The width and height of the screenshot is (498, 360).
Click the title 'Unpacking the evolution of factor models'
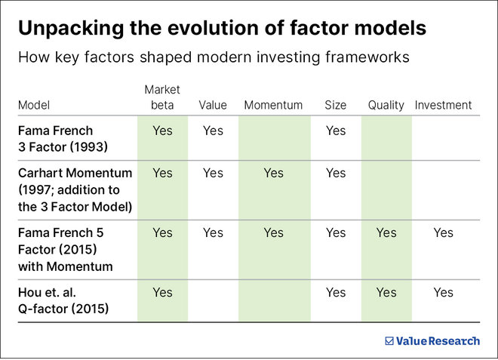(222, 28)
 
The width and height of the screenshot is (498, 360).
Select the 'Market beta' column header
(162, 97)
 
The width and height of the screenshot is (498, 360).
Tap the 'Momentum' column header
(273, 106)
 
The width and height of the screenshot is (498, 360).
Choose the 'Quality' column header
(386, 106)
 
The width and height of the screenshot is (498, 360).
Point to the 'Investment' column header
(443, 106)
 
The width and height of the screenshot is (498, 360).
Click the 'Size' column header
(335, 106)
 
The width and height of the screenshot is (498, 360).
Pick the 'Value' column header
(213, 106)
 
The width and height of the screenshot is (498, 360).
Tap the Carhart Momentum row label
(75, 189)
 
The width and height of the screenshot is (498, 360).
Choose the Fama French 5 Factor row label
(66, 249)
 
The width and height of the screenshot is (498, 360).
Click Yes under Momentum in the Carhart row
(273, 173)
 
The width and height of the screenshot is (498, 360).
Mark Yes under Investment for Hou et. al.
(443, 292)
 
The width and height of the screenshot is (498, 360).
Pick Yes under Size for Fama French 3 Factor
(336, 131)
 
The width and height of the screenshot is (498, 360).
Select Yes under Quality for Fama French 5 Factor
(386, 233)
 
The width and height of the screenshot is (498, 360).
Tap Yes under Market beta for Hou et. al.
(162, 292)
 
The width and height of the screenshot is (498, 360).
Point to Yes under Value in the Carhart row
(213, 173)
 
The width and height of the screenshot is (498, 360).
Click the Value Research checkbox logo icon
(389, 341)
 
